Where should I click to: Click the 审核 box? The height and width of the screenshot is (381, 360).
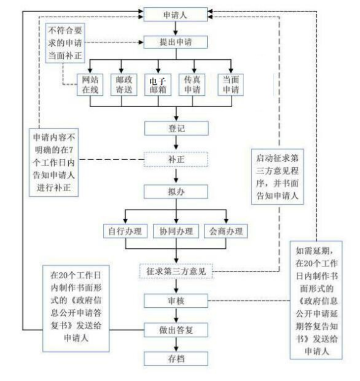(x=175, y=299)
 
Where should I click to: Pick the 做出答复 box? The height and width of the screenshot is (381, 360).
(x=175, y=329)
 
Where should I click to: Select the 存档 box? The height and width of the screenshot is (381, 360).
(x=175, y=358)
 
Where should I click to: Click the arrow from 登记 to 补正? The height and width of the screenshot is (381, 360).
(x=175, y=144)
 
